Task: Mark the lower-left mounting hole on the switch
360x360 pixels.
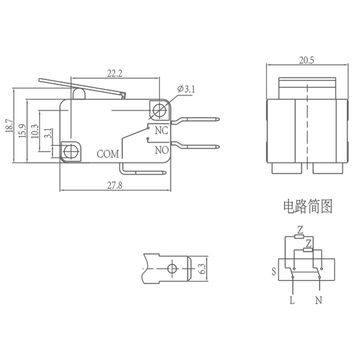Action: [x=71, y=152]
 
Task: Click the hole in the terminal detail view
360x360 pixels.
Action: [x=171, y=268]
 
